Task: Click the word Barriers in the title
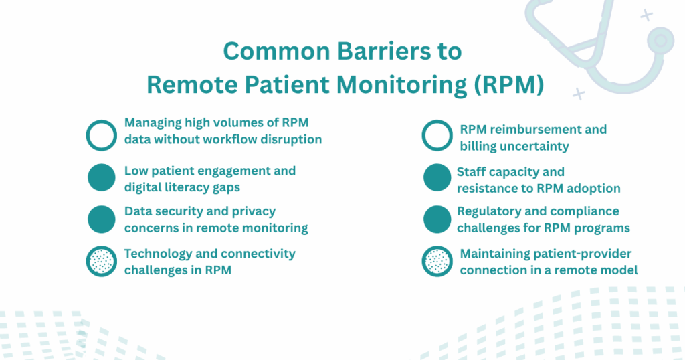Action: click(x=385, y=51)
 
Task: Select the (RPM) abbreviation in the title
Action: click(x=509, y=85)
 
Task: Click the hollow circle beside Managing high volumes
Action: click(x=102, y=135)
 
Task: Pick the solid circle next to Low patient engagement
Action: click(x=102, y=177)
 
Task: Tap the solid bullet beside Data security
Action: click(x=102, y=219)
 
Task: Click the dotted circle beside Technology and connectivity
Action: click(x=102, y=261)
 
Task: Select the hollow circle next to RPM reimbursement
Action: click(x=437, y=135)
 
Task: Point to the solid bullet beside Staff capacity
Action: click(x=437, y=177)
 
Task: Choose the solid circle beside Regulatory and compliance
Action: click(x=437, y=219)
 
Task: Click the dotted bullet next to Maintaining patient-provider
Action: click(x=437, y=261)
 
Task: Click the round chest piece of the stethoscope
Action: click(x=660, y=41)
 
